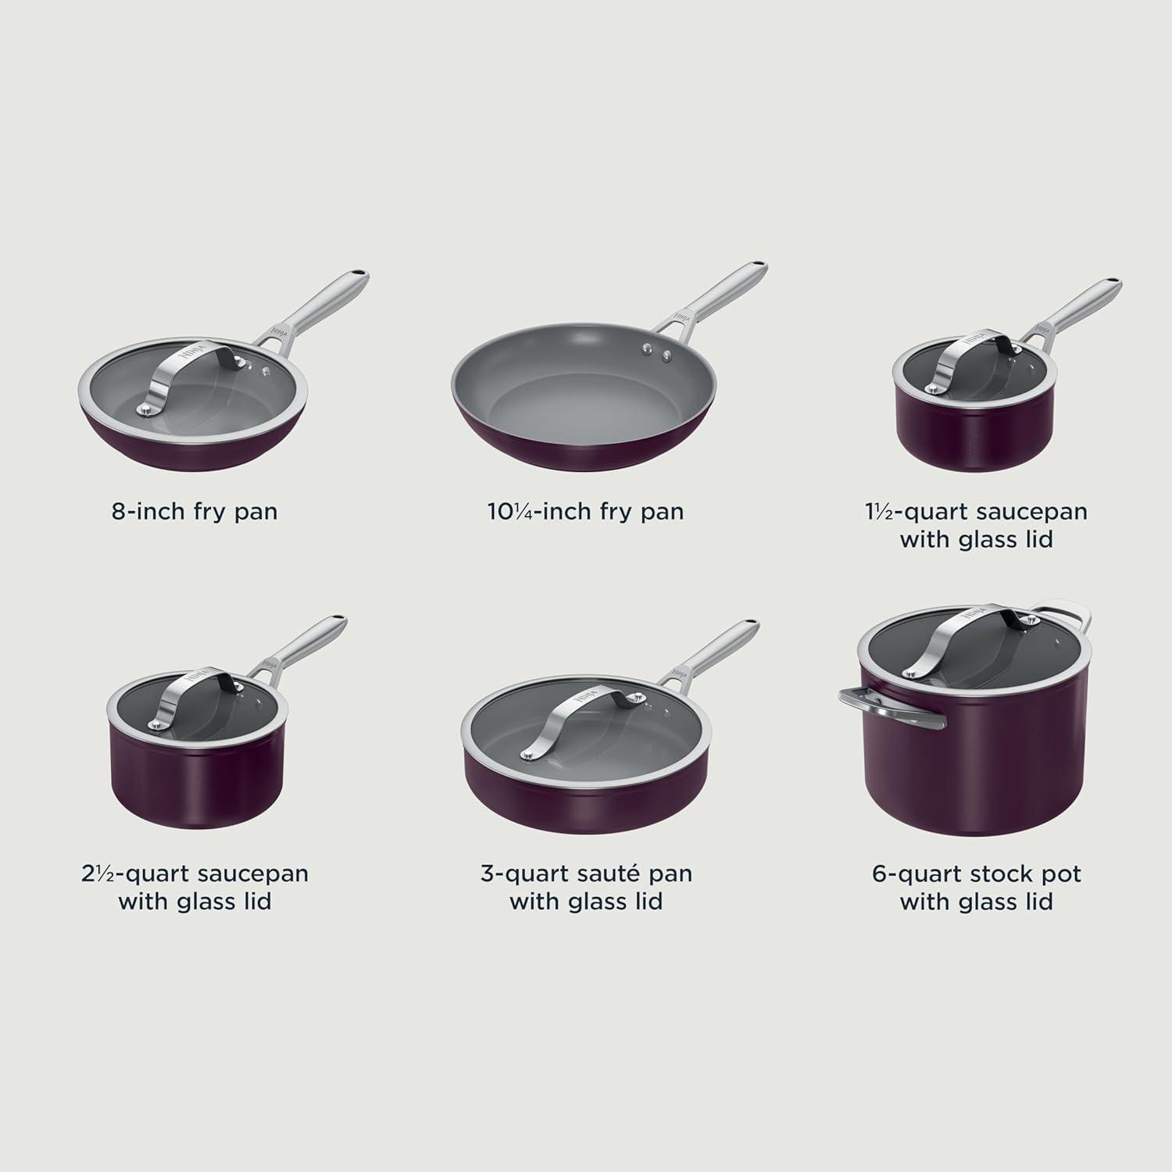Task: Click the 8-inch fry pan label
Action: (x=195, y=512)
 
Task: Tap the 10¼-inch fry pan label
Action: (x=585, y=512)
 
